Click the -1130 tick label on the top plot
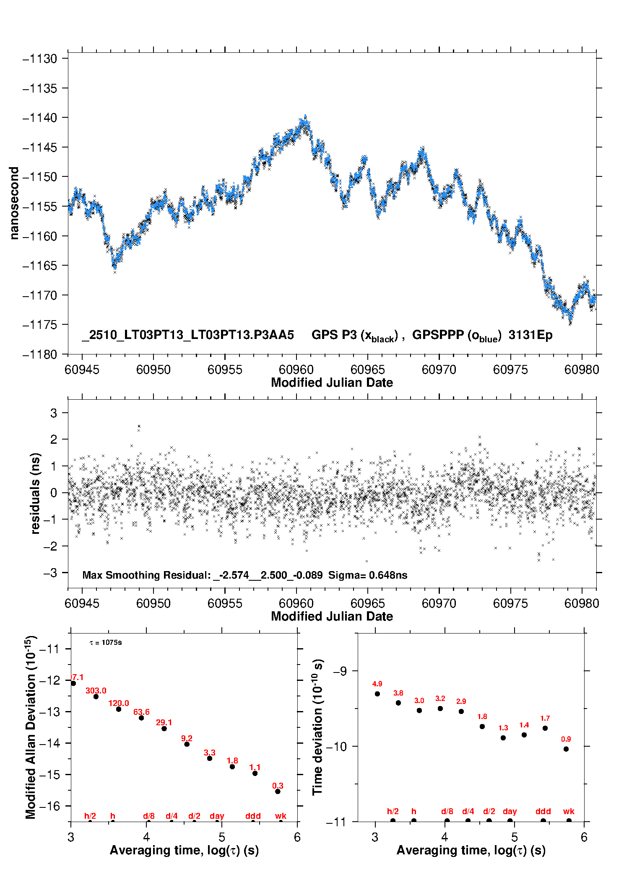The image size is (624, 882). coord(40,59)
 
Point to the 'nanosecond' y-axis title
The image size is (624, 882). coord(14,203)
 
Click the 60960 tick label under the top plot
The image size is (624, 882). coord(296,370)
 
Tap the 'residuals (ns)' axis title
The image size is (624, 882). coord(36,493)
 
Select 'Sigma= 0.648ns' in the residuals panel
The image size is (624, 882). coord(368,575)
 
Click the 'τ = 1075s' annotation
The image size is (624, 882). coord(106,643)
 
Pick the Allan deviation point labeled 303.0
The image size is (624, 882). coord(96,696)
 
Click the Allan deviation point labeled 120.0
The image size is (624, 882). coord(119,709)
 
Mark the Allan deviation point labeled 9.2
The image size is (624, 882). coord(187,744)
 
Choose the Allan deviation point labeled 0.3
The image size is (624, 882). coord(278,791)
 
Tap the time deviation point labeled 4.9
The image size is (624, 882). coord(377,694)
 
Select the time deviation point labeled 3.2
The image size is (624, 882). coord(440,709)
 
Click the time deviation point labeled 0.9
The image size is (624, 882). coord(566,749)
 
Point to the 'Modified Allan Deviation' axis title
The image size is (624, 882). coord(31,727)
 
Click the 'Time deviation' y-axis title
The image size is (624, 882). coord(317,727)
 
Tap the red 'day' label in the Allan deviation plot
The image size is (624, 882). coord(217,816)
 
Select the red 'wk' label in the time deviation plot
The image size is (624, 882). coord(569,812)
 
